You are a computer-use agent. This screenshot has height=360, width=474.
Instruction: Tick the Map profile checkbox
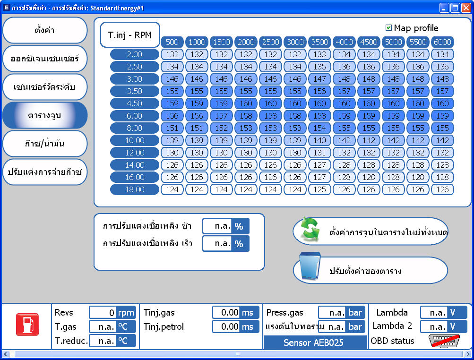[388, 28]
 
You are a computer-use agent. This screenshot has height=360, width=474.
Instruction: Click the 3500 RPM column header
[319, 42]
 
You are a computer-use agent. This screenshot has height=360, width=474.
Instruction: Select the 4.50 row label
[135, 103]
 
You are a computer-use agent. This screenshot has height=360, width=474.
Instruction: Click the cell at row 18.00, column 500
[172, 189]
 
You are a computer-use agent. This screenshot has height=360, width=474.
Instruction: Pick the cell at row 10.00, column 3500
[319, 140]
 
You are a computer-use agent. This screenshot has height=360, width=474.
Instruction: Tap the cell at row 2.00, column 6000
[442, 54]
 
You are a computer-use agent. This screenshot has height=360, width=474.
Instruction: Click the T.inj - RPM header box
[130, 35]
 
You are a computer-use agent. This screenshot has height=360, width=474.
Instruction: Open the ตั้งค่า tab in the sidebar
[45, 30]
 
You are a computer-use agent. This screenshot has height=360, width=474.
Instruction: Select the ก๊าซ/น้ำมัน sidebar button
[45, 144]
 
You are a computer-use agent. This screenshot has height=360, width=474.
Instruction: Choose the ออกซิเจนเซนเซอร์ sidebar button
[45, 59]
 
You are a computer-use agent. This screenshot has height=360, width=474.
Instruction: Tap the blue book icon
[310, 267]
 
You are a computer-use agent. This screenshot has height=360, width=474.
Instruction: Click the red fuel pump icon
[27, 325]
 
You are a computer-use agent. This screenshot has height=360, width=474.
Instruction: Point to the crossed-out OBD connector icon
[444, 341]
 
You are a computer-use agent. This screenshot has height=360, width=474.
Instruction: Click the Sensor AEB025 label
[313, 343]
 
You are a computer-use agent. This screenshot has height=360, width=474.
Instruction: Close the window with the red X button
[466, 8]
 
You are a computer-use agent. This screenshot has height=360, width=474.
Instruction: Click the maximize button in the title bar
[455, 8]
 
